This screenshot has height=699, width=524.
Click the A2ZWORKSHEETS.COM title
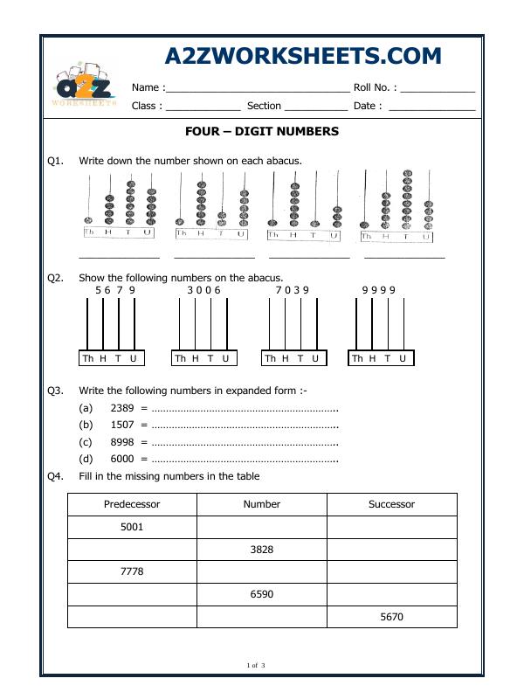click(x=303, y=56)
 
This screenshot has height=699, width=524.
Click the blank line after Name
click(x=257, y=88)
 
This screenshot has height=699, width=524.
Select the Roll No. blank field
click(x=438, y=88)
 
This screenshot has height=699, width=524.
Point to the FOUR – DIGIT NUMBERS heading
click(x=262, y=132)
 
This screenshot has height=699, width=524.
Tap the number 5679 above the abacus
click(x=115, y=290)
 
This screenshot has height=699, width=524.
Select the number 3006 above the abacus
click(x=204, y=290)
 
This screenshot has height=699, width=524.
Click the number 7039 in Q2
click(x=293, y=290)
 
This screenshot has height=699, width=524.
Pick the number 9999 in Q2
click(x=379, y=290)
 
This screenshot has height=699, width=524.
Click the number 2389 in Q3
click(x=122, y=408)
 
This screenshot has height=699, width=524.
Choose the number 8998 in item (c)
click(x=122, y=442)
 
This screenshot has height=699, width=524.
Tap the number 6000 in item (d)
click(x=122, y=459)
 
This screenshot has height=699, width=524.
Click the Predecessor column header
click(x=132, y=504)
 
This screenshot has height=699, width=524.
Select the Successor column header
click(x=391, y=504)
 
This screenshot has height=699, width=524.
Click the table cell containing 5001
click(x=132, y=527)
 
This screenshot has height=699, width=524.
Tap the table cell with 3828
click(x=261, y=550)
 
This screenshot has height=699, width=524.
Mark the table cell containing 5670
click(x=391, y=617)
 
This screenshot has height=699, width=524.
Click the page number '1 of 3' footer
click(x=256, y=666)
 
